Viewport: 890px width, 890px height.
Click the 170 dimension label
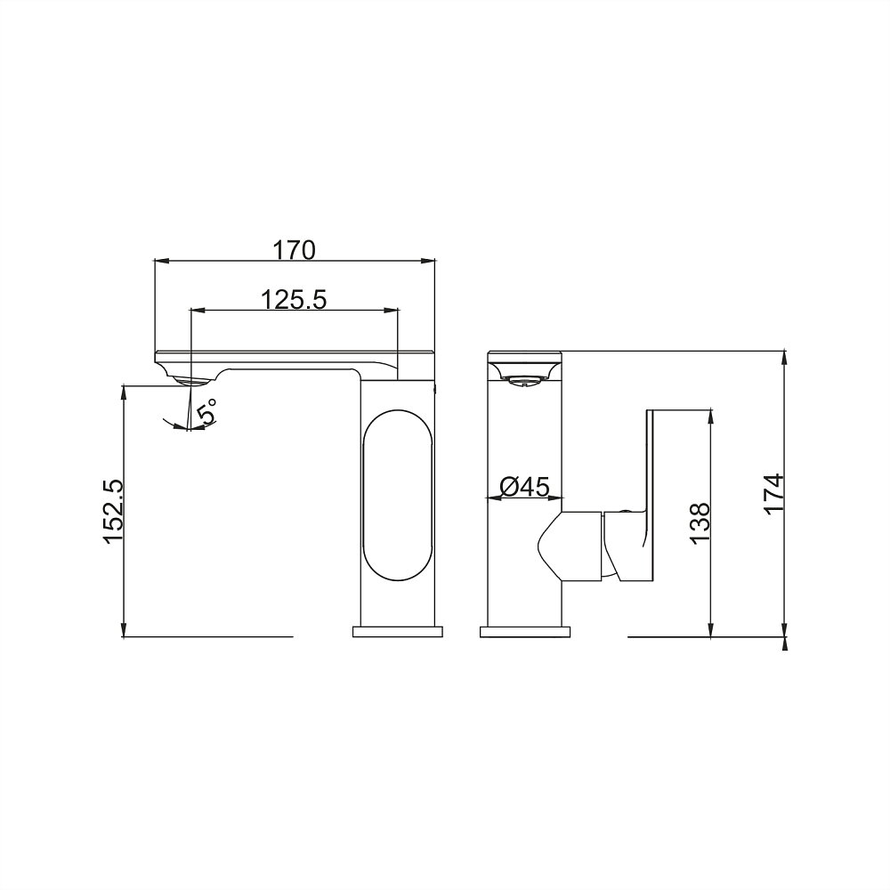click(x=294, y=250)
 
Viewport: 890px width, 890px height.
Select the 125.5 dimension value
click(x=294, y=299)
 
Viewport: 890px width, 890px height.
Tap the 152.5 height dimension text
click(x=112, y=512)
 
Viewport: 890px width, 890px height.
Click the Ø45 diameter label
click(x=525, y=487)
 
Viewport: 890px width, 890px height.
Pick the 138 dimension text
click(x=701, y=523)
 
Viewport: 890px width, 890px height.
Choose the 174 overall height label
click(x=774, y=494)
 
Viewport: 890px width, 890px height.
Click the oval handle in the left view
click(x=398, y=495)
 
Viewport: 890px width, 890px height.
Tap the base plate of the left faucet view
click(x=397, y=632)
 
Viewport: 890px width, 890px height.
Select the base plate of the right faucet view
click(x=524, y=632)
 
